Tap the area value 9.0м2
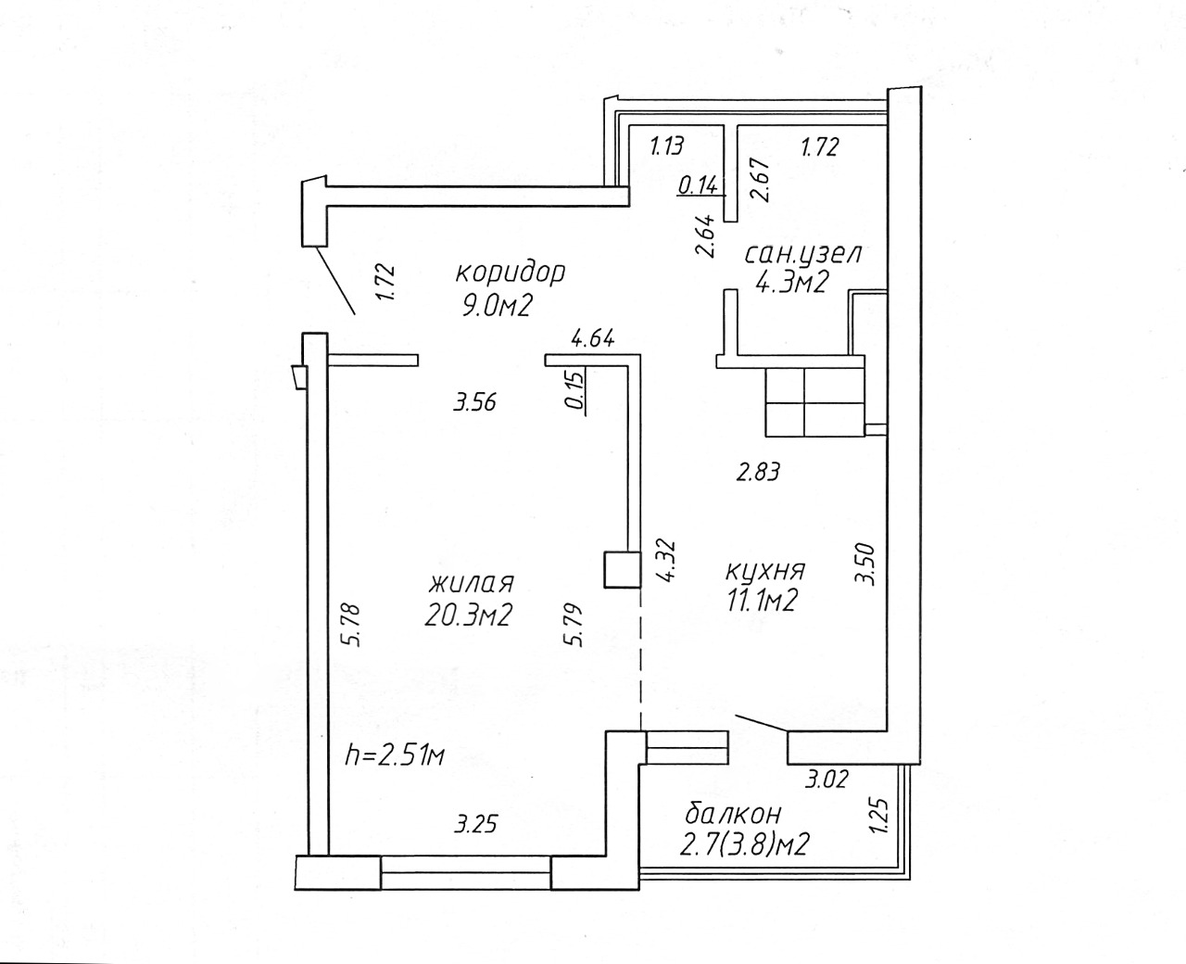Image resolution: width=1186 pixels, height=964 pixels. point(498,305)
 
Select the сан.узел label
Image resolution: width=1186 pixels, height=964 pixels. point(803,255)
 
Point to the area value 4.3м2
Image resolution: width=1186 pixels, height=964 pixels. point(791,282)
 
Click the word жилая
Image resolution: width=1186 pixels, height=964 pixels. point(471,584)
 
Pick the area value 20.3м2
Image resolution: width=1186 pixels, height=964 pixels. point(468,615)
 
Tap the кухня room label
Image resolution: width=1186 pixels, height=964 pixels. point(765,571)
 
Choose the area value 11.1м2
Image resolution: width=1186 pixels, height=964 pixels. point(762,601)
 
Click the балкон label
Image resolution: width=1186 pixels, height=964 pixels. point(733,815)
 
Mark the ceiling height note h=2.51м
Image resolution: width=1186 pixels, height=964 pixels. point(395,755)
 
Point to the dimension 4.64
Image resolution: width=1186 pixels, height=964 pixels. point(593,339)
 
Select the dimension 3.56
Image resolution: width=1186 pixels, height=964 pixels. point(474,402)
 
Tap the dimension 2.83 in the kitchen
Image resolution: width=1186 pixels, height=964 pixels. point(758,472)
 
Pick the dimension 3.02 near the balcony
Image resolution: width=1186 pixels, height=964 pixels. point(826,780)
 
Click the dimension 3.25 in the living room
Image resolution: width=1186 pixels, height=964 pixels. point(475,824)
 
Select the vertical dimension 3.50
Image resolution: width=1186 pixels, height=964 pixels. point(865,564)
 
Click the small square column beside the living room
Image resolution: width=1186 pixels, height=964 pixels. point(622,569)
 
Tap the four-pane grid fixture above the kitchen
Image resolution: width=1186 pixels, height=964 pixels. point(814,402)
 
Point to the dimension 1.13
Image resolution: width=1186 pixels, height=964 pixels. point(667,146)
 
